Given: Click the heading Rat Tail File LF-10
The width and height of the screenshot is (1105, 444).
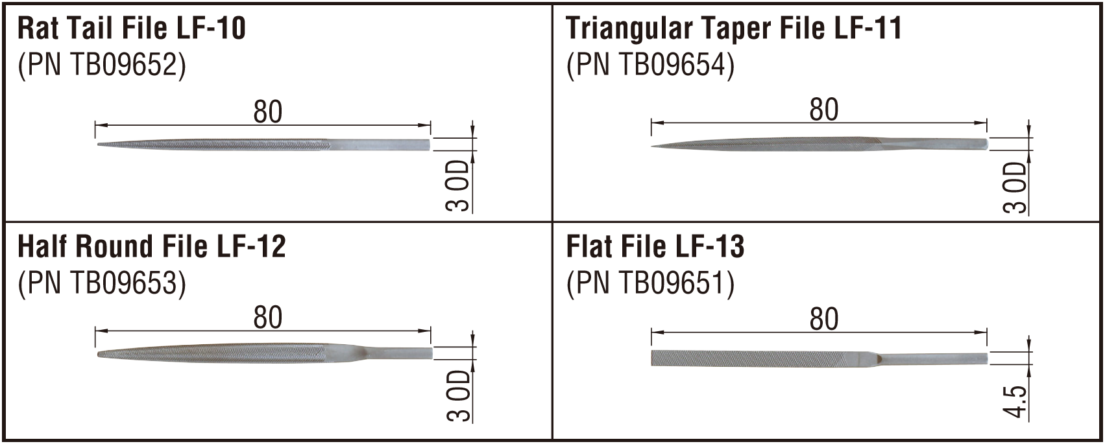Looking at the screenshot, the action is click(131, 28).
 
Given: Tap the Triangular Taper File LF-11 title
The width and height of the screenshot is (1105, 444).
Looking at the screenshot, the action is click(734, 28).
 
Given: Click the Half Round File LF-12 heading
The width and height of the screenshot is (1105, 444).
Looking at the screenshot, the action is click(151, 246).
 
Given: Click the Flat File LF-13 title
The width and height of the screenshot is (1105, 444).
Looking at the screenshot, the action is click(655, 246).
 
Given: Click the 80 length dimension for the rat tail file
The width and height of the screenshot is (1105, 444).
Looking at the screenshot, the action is click(268, 112).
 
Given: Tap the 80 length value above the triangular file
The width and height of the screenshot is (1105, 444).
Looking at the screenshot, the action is click(824, 110).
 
